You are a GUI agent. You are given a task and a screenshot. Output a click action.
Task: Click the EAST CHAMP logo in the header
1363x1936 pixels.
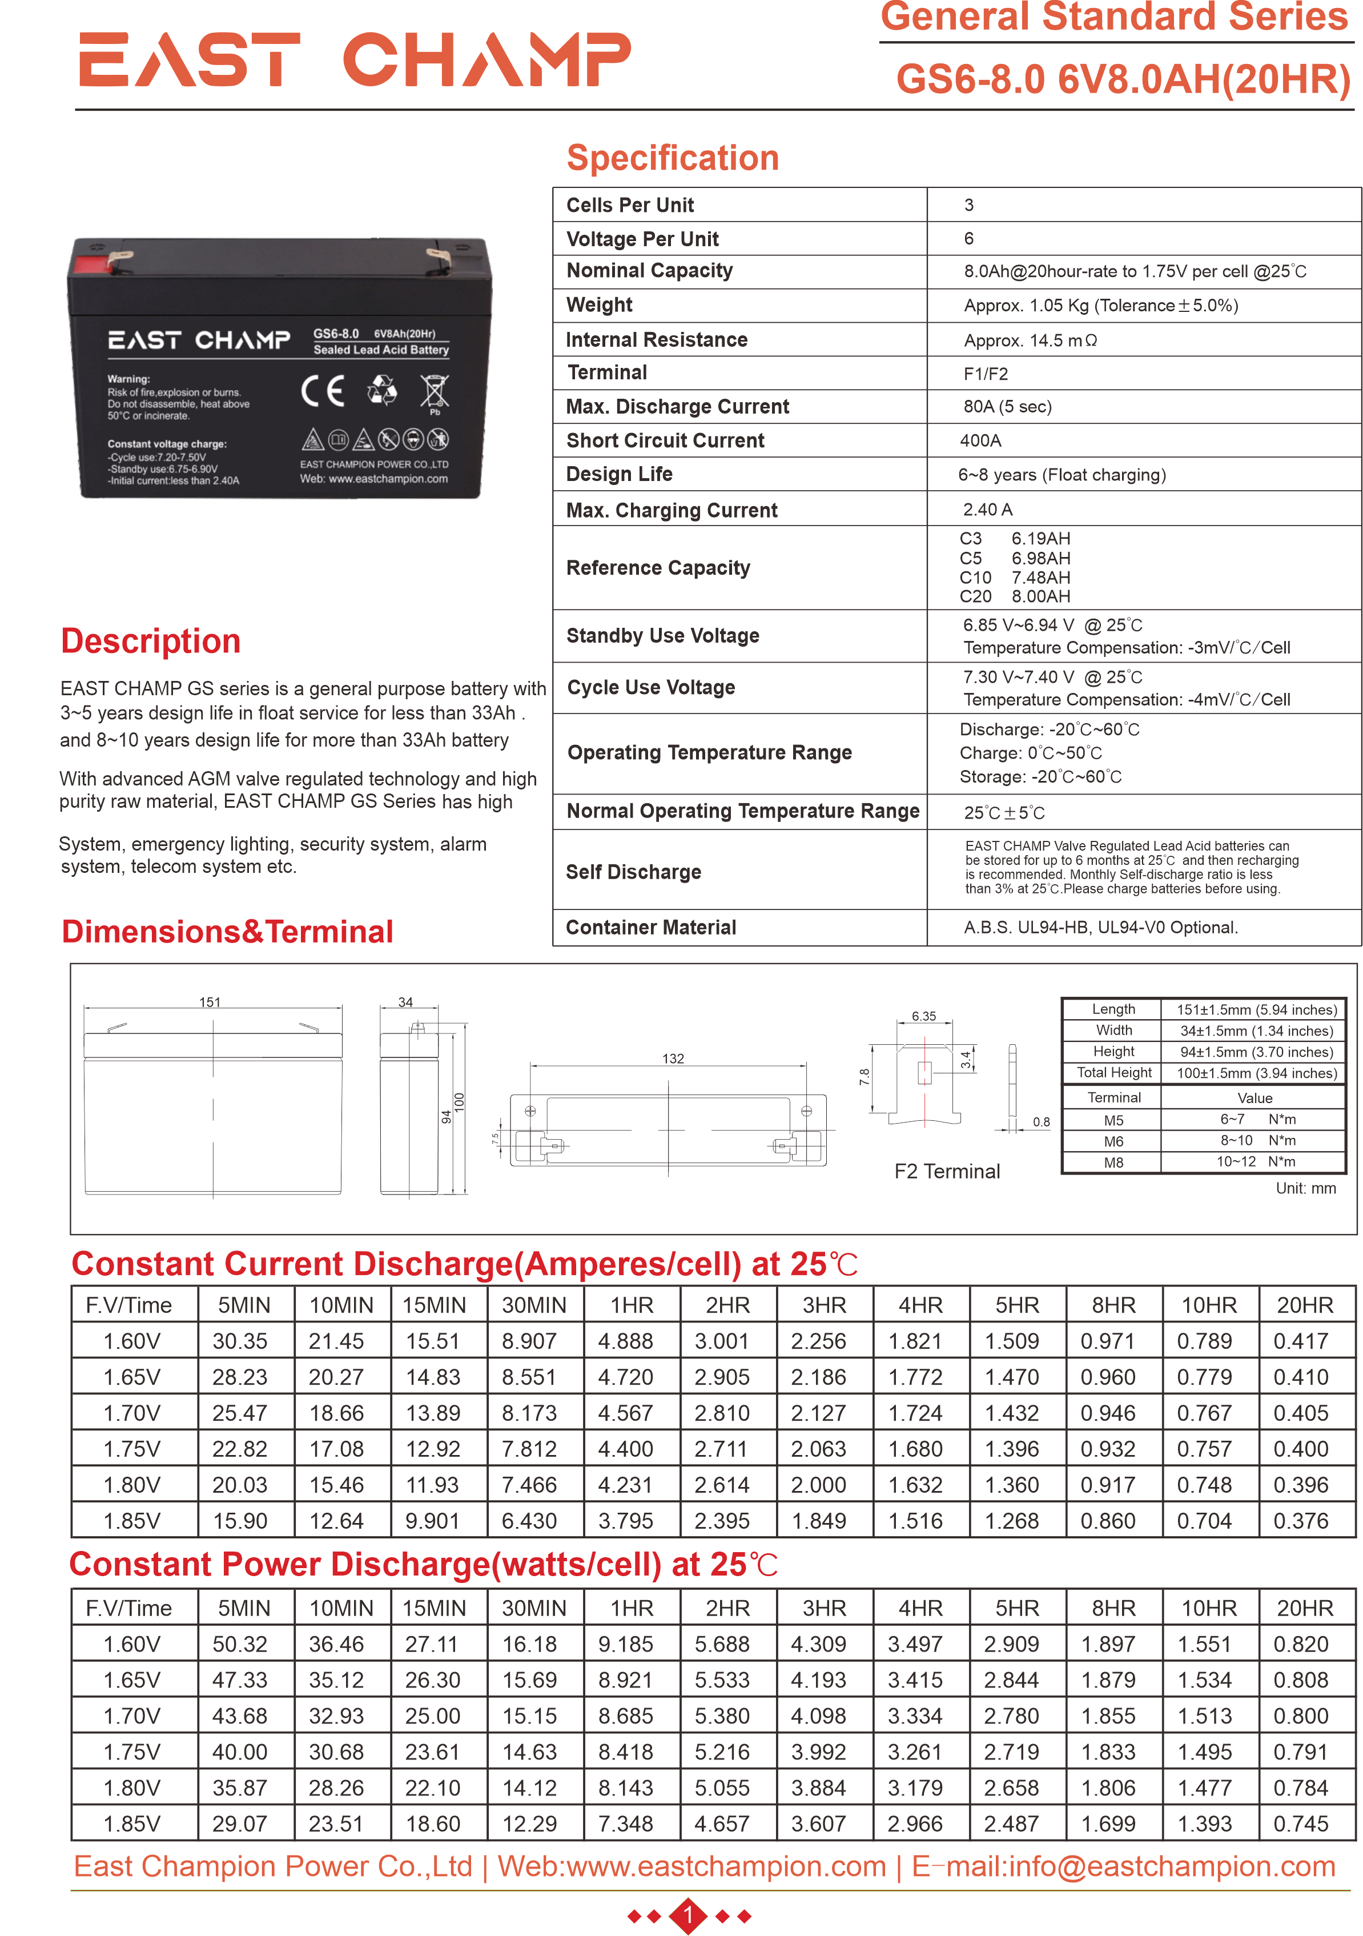(x=354, y=60)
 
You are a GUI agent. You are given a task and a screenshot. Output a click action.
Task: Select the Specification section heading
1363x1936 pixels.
(x=672, y=158)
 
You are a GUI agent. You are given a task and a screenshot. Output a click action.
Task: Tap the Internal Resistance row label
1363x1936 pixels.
(x=657, y=340)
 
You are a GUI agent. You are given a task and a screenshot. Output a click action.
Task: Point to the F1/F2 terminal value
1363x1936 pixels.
(x=986, y=374)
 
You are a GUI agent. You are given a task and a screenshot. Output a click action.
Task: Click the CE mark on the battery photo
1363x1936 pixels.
(x=323, y=390)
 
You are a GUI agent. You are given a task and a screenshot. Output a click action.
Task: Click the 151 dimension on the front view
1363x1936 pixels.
(x=210, y=1002)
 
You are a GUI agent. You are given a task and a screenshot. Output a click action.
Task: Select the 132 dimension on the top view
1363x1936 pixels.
(x=673, y=1058)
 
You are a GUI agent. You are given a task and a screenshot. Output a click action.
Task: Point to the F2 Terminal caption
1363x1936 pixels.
(x=947, y=1171)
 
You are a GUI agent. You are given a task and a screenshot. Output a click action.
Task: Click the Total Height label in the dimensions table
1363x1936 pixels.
(x=1113, y=1073)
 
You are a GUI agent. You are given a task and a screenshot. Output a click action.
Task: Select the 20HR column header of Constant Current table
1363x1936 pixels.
(x=1304, y=1305)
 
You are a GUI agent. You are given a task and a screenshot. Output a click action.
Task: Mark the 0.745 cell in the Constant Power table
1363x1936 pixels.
(x=1301, y=1824)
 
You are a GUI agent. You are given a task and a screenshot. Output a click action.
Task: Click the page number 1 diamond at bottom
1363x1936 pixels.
(x=688, y=1916)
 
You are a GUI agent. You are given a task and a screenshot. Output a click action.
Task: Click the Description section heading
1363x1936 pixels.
(x=151, y=642)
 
